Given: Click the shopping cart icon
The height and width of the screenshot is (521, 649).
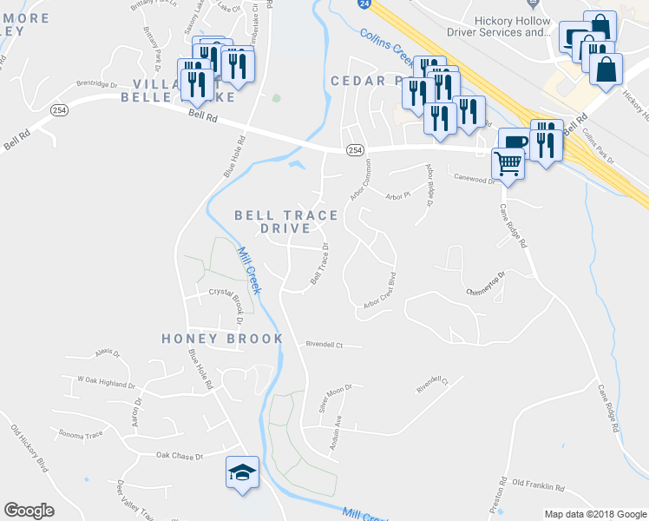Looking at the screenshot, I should pyautogui.click(x=508, y=162).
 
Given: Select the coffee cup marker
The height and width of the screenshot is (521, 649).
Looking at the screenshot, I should pyautogui.click(x=515, y=142).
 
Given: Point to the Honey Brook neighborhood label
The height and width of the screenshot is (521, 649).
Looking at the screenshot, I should pyautogui.click(x=222, y=339).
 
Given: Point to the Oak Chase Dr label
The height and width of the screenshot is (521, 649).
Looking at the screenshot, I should pyautogui.click(x=179, y=455).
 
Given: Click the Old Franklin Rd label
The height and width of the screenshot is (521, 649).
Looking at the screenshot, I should pyautogui.click(x=538, y=482).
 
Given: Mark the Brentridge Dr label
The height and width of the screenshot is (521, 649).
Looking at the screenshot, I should pyautogui.click(x=96, y=84).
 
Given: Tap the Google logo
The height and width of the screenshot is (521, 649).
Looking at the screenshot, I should pyautogui.click(x=29, y=511).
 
